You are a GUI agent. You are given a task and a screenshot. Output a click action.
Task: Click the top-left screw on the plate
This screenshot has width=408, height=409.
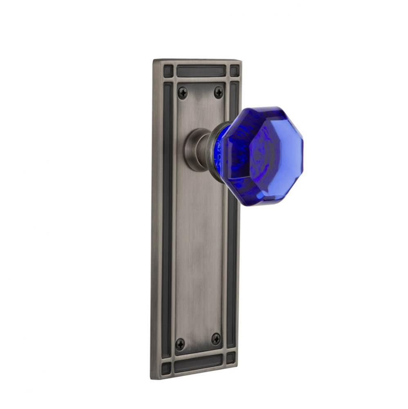click(x=183, y=93)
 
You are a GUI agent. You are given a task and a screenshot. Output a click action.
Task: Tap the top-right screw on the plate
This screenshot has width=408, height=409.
click(x=219, y=92)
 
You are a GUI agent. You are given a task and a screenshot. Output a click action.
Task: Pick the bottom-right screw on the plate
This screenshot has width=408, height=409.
click(x=216, y=339)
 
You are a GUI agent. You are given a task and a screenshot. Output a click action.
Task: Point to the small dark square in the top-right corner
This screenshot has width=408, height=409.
click(x=234, y=70)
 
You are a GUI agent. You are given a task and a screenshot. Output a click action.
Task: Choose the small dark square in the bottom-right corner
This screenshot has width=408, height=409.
click(x=231, y=358)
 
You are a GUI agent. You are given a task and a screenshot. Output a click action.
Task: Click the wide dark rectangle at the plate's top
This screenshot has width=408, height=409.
click(x=201, y=71)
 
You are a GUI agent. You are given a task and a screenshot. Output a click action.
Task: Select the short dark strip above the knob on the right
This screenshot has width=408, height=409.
click(x=234, y=100)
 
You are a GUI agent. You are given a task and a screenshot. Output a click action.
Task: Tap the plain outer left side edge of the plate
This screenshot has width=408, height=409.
click(x=156, y=221)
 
